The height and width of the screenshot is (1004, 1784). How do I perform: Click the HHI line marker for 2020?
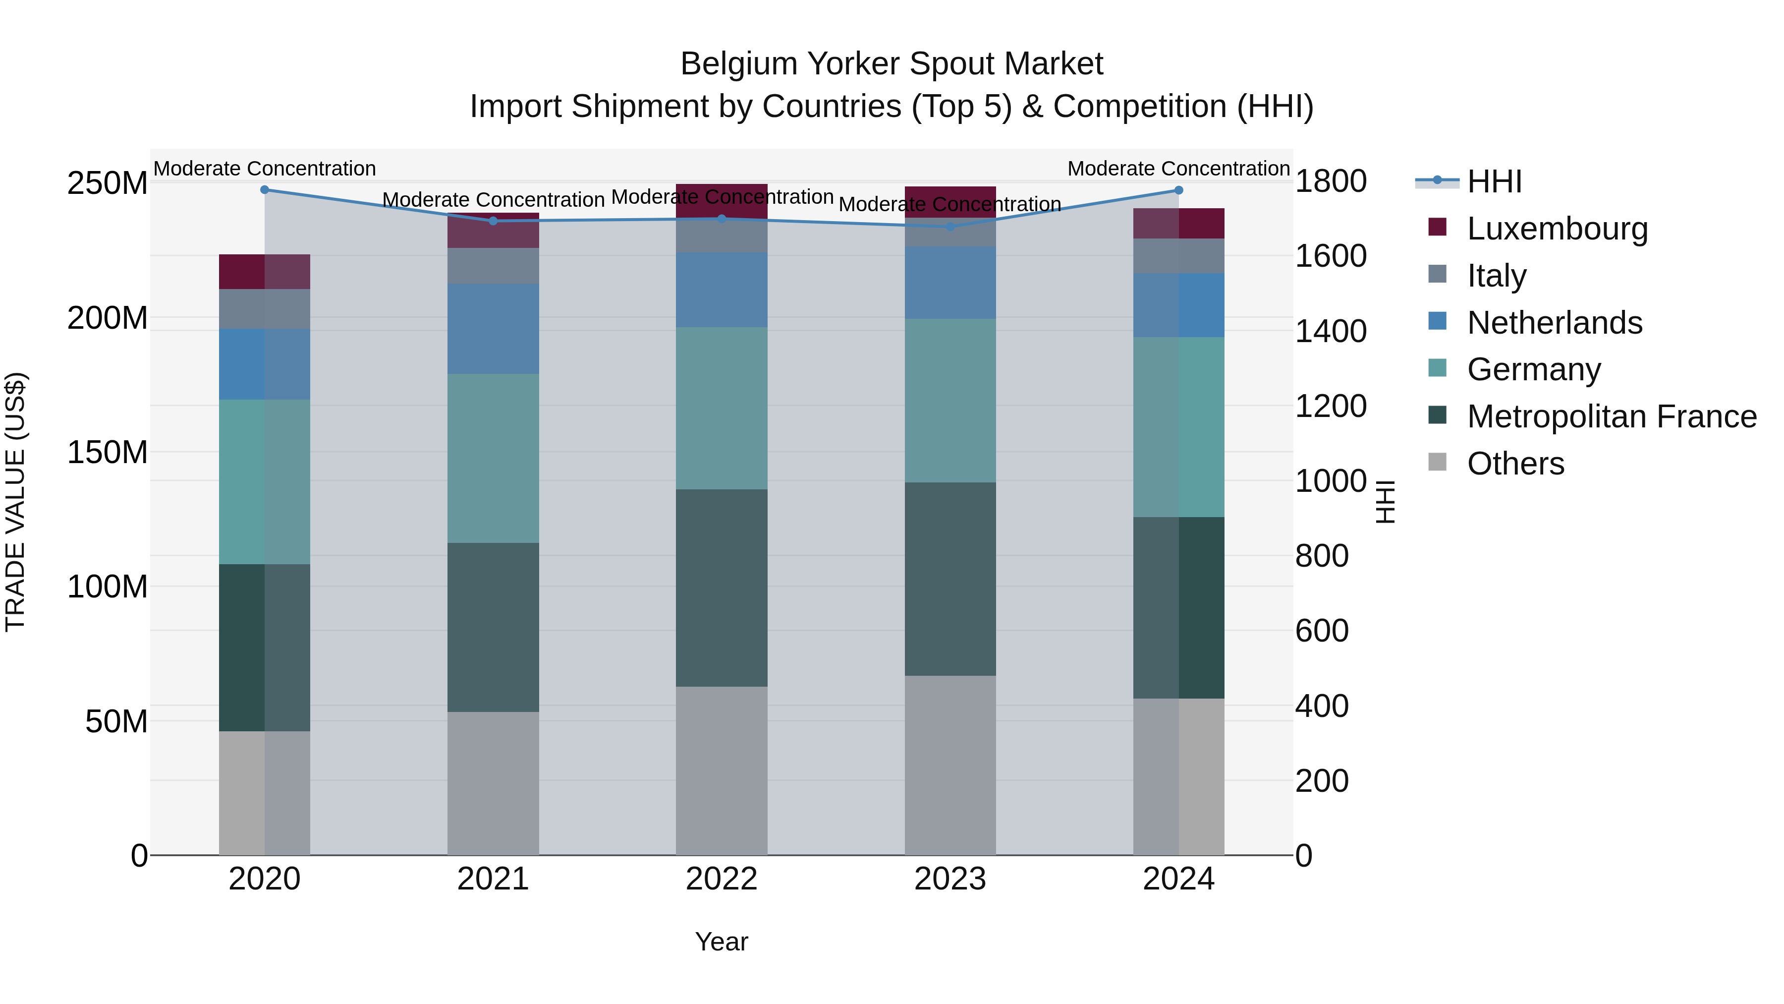coord(265,190)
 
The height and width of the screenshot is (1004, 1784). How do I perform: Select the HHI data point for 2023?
coord(950,227)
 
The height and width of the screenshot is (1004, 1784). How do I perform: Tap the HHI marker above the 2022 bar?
coord(722,219)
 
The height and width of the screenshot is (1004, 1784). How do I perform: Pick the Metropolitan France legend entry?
coord(1611,416)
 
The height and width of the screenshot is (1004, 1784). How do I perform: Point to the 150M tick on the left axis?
coord(108,453)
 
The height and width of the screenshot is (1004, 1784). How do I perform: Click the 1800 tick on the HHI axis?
coord(1331,181)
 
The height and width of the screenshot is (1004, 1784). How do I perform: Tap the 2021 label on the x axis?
coord(493,879)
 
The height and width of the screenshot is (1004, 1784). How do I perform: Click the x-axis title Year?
coord(722,942)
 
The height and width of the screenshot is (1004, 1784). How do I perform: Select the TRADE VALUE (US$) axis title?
coord(15,502)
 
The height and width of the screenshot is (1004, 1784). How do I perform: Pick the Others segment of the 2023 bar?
coord(950,765)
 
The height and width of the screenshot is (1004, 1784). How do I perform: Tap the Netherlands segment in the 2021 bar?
coord(493,329)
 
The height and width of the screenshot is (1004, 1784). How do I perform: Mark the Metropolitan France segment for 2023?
coord(950,579)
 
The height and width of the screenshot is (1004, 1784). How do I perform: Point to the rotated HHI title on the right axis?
coord(1385,502)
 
